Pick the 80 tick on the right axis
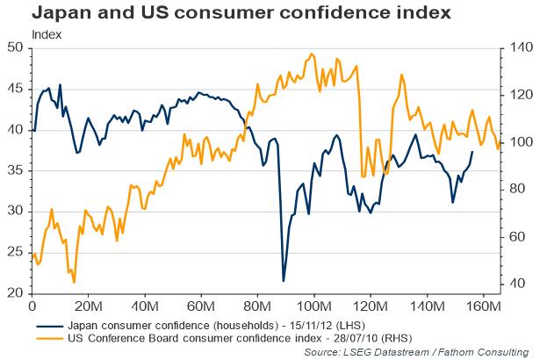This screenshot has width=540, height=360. pos(515,189)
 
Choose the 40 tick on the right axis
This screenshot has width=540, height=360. pos(515,283)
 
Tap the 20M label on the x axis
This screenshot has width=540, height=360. pos(88,306)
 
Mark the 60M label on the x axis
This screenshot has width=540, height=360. pos(201,306)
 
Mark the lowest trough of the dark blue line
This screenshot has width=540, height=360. pos(283,281)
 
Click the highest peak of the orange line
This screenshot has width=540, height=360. pos(313,54)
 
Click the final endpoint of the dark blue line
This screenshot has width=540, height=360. pos(473,152)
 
